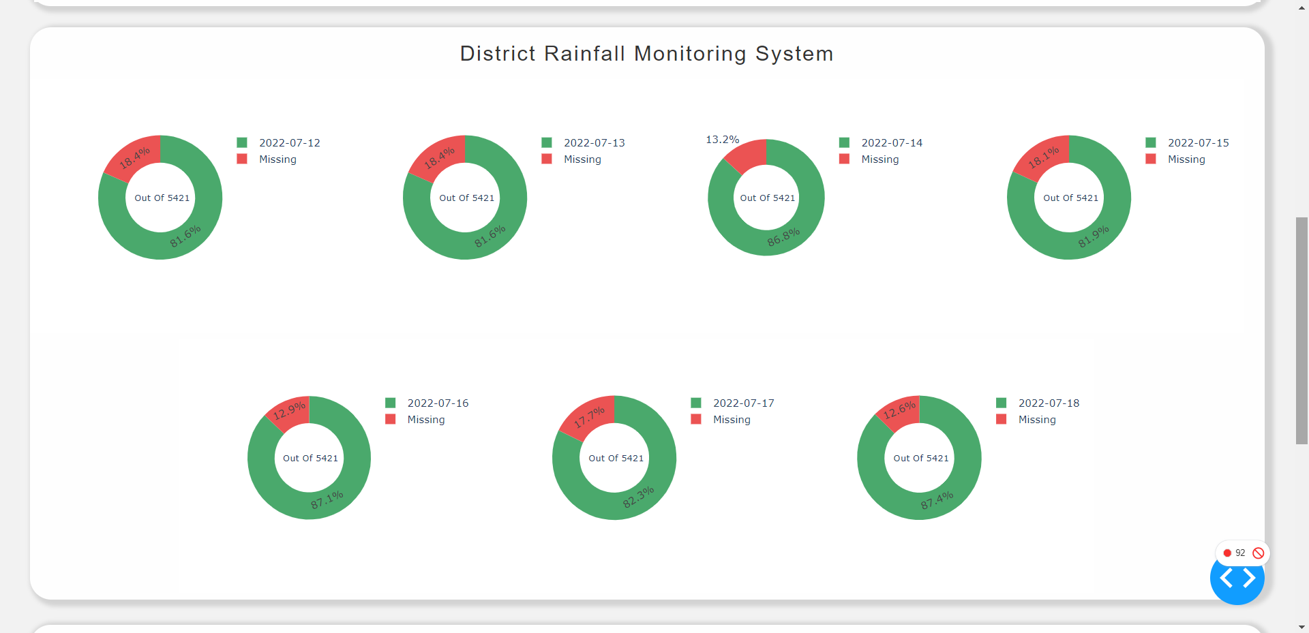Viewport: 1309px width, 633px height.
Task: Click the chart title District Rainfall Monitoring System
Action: click(x=646, y=54)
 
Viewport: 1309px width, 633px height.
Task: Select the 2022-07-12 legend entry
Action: click(x=289, y=143)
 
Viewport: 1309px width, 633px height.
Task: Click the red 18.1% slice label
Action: click(x=1043, y=157)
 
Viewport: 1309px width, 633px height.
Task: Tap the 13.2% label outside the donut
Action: click(x=722, y=140)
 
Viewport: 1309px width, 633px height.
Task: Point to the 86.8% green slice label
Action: click(x=783, y=237)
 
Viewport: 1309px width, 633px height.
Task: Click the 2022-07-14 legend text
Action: click(x=891, y=143)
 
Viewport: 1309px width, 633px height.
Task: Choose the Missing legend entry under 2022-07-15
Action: click(x=1186, y=159)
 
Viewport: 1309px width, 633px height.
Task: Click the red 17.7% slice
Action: click(x=589, y=417)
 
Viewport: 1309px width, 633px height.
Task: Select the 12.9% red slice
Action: click(x=289, y=412)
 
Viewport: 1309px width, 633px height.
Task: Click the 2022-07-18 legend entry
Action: click(x=1049, y=403)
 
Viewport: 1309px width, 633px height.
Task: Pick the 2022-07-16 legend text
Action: click(x=438, y=403)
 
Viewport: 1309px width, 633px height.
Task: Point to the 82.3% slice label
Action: click(x=638, y=497)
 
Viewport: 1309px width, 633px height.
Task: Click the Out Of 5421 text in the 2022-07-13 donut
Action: click(x=466, y=198)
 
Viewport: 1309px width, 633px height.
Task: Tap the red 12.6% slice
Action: click(x=899, y=411)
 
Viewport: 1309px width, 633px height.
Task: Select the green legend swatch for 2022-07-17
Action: click(x=696, y=403)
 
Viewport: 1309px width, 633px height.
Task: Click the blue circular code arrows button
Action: click(x=1237, y=579)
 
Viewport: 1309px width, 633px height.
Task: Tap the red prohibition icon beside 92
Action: click(x=1259, y=553)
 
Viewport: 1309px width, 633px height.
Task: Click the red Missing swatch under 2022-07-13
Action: click(x=547, y=159)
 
